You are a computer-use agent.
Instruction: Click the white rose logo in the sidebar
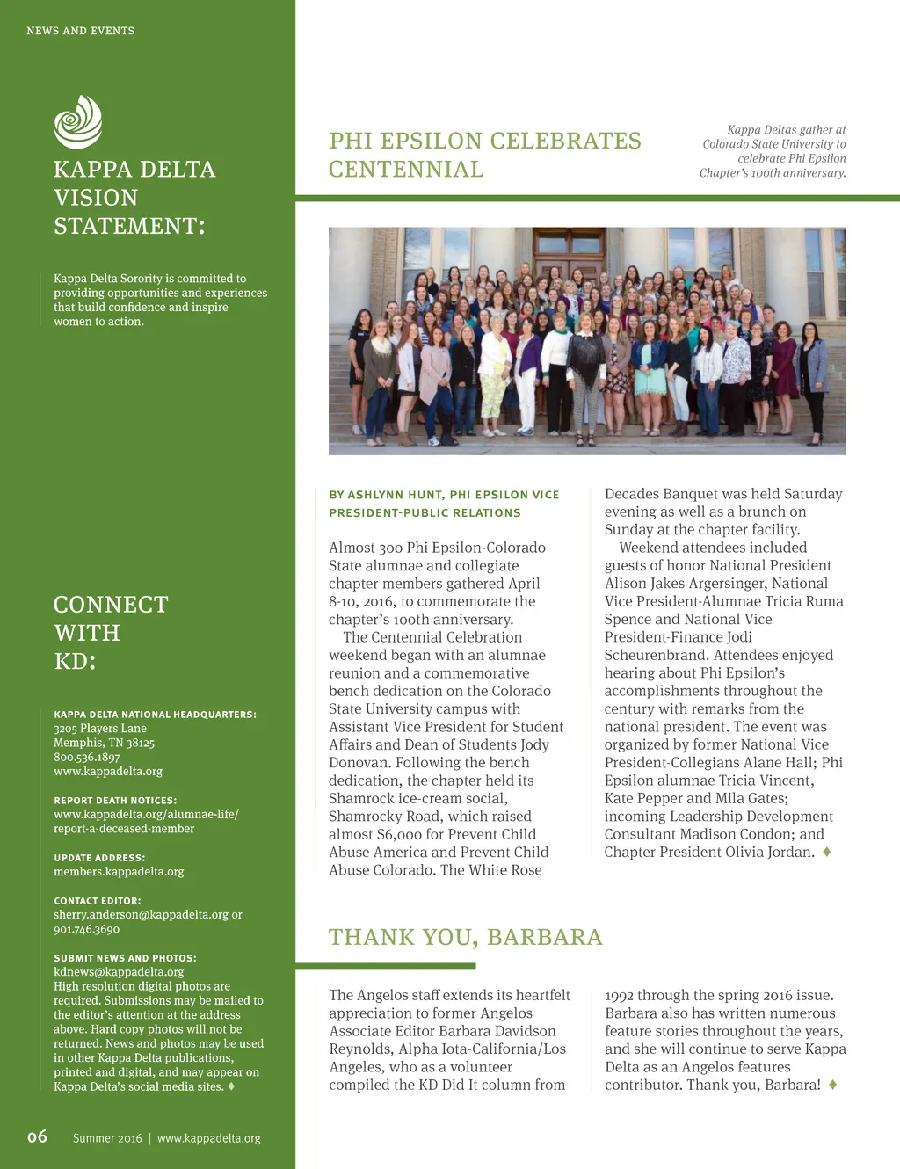click(78, 121)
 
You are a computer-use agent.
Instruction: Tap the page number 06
click(37, 1136)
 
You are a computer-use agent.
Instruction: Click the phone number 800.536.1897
click(86, 757)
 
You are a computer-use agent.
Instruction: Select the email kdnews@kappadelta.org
click(119, 972)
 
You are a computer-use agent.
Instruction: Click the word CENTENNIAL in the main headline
click(406, 170)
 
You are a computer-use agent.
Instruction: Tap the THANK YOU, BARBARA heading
click(466, 938)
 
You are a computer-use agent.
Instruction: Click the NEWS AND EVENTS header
click(80, 31)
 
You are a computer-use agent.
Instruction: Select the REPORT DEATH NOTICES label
click(115, 801)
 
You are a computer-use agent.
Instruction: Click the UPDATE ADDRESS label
click(99, 858)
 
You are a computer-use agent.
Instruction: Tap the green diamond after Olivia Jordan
click(827, 852)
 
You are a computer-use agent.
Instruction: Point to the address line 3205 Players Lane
click(100, 729)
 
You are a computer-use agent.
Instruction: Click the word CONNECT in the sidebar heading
click(111, 605)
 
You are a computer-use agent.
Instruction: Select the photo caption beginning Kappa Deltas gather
click(773, 151)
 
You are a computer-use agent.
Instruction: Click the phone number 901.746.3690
click(86, 929)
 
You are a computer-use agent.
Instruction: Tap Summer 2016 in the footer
click(107, 1138)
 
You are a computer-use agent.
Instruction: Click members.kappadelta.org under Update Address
click(119, 872)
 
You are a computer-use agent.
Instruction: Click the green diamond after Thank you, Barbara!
click(832, 1085)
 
